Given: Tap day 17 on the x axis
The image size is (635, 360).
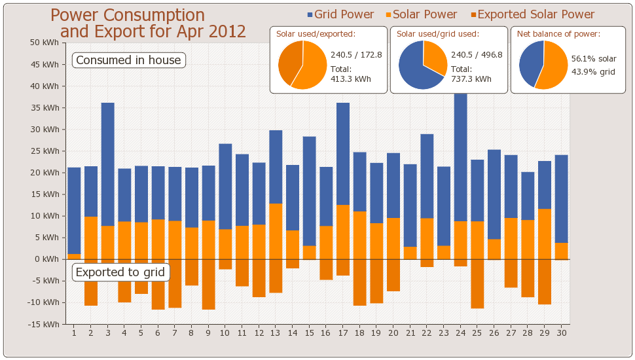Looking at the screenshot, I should point(343,333).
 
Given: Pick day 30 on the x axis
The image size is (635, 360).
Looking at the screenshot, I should point(561,333).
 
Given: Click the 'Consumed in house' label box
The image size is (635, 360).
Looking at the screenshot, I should point(128,60).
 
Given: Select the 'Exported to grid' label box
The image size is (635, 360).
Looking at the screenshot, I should point(120,272).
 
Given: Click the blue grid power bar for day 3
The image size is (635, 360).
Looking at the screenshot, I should point(108,164).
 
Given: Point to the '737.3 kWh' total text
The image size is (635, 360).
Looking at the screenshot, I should point(471,79).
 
